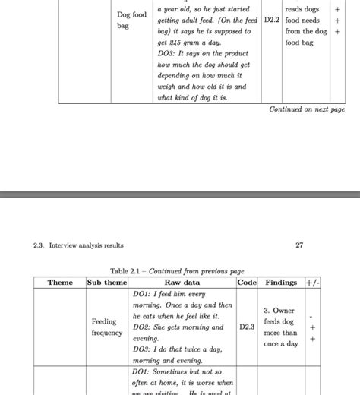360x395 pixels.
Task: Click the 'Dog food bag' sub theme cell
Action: click(x=131, y=20)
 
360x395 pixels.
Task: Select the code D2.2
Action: click(x=272, y=21)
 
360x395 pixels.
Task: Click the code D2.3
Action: click(x=247, y=327)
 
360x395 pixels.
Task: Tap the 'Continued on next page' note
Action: click(x=307, y=109)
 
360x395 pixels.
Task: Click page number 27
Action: click(x=298, y=245)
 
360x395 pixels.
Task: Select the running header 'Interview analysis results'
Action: click(x=86, y=245)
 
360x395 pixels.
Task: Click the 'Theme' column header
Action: click(x=60, y=283)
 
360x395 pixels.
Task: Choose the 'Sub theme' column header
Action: click(x=106, y=283)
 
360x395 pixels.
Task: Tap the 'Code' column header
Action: click(x=247, y=283)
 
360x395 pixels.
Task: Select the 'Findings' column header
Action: click(x=281, y=283)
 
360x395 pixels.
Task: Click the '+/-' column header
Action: click(x=312, y=283)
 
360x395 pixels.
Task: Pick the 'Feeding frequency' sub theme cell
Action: click(x=106, y=327)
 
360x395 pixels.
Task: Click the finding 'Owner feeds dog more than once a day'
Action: click(x=281, y=327)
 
